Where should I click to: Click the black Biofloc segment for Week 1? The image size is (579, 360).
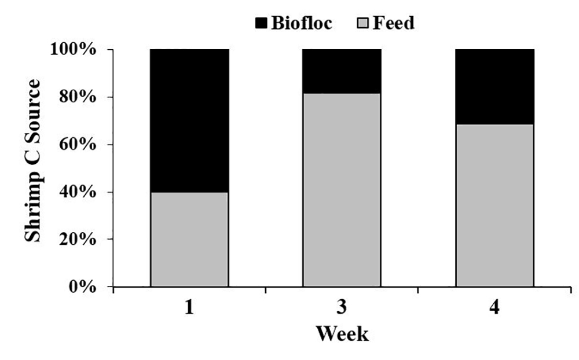189,120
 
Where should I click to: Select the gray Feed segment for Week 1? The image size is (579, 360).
189,239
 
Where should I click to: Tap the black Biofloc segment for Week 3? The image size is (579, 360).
342,71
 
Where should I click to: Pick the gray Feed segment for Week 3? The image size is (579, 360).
342,190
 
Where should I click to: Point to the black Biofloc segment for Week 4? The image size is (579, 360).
494,86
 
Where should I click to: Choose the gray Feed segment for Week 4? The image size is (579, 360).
494,205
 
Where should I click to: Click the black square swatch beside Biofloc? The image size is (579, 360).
262,24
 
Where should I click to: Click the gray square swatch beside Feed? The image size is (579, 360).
364,24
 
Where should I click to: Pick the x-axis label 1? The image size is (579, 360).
189,308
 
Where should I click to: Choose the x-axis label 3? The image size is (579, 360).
342,308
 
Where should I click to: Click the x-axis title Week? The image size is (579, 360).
342,334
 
